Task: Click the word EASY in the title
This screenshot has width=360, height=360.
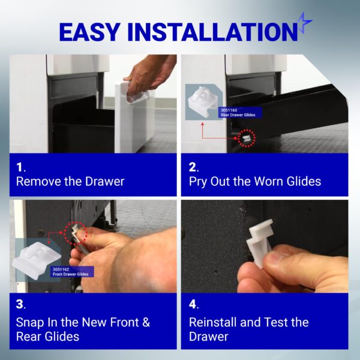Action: (89, 32)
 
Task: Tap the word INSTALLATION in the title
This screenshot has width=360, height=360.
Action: (212, 32)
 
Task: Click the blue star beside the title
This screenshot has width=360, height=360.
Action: (304, 23)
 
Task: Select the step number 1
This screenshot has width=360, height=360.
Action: (20, 167)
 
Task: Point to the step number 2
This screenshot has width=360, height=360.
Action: (193, 167)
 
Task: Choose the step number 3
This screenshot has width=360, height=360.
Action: (20, 304)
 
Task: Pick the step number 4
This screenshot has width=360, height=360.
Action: (193, 304)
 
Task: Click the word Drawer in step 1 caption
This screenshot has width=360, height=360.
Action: (104, 182)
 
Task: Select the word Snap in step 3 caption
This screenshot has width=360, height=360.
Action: (31, 323)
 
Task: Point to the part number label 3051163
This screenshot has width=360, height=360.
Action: (229, 110)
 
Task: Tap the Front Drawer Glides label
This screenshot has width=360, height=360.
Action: (70, 274)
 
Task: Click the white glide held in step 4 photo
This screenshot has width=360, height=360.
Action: (260, 242)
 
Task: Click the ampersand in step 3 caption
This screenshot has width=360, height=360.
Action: (146, 322)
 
